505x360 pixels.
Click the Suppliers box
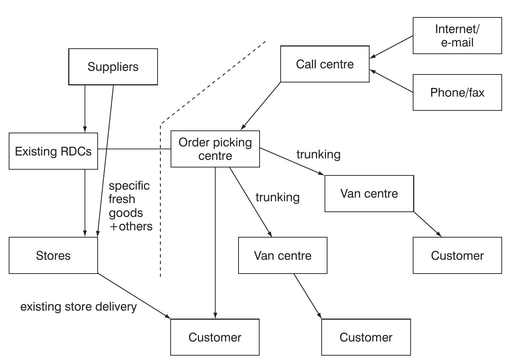tap(113, 67)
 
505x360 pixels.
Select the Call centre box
tap(325, 64)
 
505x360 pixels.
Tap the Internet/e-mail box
tap(457, 36)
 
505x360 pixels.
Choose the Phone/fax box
tap(457, 93)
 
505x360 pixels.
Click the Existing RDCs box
tap(53, 151)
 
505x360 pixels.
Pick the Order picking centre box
tap(215, 149)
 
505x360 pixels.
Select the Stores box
tap(53, 255)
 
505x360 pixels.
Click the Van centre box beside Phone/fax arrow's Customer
tap(369, 194)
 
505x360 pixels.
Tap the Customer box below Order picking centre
tap(215, 337)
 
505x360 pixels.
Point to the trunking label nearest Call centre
tap(318, 154)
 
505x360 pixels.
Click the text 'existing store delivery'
tap(78, 307)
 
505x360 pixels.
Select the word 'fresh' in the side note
tap(122, 199)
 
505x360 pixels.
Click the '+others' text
tap(131, 226)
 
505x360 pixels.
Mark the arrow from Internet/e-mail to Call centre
tap(391, 47)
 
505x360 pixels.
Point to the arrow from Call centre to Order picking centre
tap(261, 106)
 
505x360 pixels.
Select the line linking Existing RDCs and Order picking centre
tap(134, 149)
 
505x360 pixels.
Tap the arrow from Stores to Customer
tap(134, 296)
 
